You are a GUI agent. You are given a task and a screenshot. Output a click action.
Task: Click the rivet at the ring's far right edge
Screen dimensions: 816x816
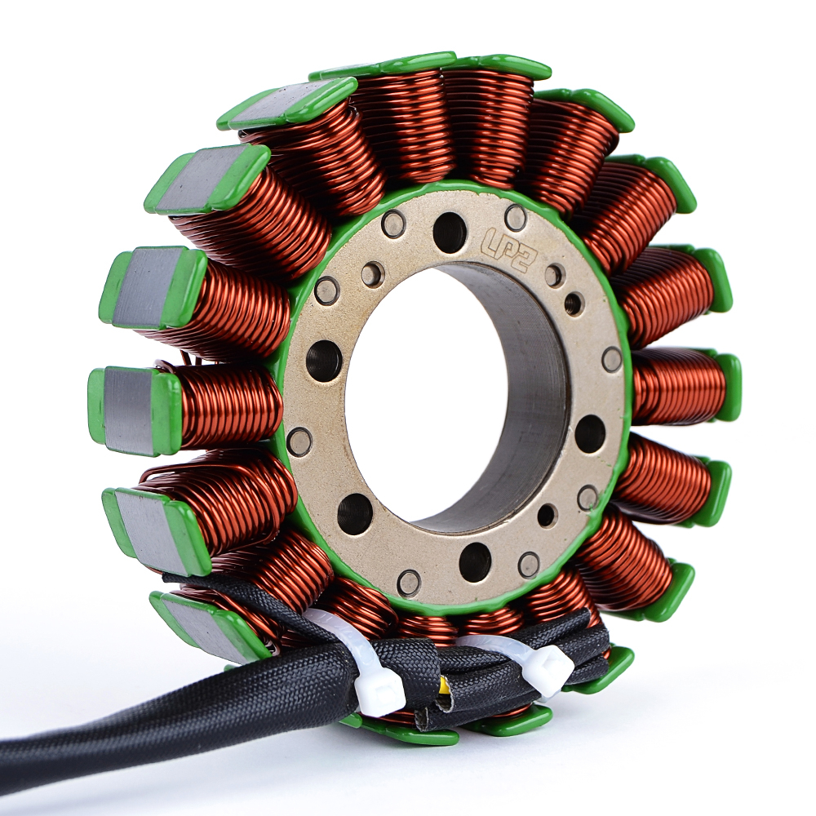(612, 358)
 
